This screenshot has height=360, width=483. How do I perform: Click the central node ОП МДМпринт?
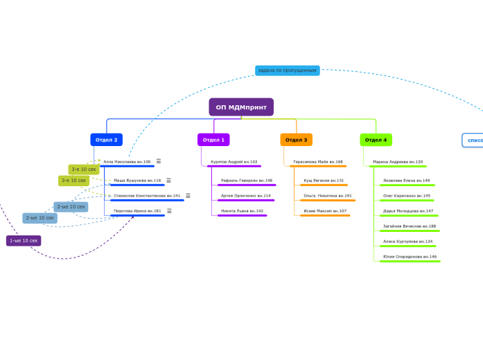point(241,107)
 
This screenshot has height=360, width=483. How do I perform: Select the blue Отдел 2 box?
point(106,140)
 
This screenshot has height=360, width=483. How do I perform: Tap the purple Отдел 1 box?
point(213,140)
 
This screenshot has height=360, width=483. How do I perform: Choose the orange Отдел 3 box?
point(296,140)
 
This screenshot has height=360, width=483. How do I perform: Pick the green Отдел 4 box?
point(376,140)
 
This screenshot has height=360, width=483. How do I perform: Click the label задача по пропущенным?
point(287,71)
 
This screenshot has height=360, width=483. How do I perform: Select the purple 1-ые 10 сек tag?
point(24,241)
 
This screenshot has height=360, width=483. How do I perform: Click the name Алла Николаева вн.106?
point(127,162)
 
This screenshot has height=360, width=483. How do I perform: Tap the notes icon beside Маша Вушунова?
point(168,181)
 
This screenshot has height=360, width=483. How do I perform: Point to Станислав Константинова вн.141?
point(147,196)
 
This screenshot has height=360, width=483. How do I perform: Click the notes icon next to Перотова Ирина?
point(168,211)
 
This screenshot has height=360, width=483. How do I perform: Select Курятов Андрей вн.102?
point(234,162)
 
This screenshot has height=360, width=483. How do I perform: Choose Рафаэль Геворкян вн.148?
point(246,181)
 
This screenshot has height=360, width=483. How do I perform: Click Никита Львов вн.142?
point(242,211)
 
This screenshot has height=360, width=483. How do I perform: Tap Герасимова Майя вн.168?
point(317,162)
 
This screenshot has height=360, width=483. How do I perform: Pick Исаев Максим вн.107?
point(324,211)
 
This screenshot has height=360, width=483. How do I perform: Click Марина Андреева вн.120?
point(397,162)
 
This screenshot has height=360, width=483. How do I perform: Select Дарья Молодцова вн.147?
point(407,211)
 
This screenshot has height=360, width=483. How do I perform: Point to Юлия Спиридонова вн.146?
point(410,257)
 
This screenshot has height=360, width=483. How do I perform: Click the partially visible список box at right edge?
point(474,141)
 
